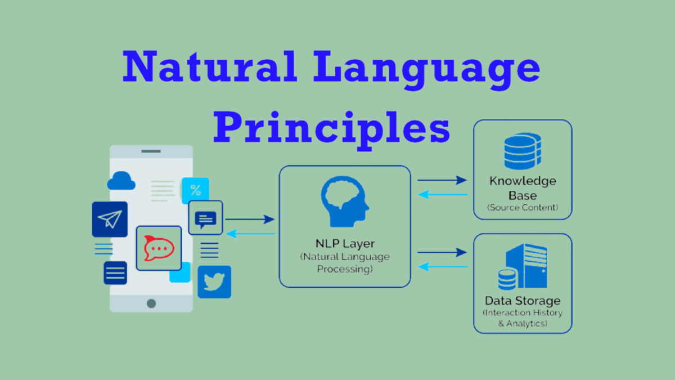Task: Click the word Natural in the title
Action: pyautogui.click(x=210, y=66)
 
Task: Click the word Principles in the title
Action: pyautogui.click(x=331, y=130)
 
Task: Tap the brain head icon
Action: pyautogui.click(x=345, y=202)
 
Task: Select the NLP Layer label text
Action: pyautogui.click(x=345, y=243)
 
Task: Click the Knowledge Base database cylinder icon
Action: pyautogui.click(x=523, y=151)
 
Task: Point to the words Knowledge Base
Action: pyautogui.click(x=523, y=188)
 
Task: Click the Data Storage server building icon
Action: pyautogui.click(x=523, y=266)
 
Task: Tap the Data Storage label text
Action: pyautogui.click(x=523, y=301)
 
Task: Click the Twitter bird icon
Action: pyautogui.click(x=214, y=282)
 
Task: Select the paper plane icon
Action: pyautogui.click(x=110, y=219)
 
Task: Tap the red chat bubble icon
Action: pyautogui.click(x=159, y=248)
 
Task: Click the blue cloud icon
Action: pyautogui.click(x=121, y=181)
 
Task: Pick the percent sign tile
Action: pyautogui.click(x=195, y=191)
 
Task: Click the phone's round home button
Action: pyautogui.click(x=151, y=303)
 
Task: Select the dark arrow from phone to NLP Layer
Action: pyautogui.click(x=250, y=219)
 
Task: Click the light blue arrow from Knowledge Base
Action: pyautogui.click(x=443, y=195)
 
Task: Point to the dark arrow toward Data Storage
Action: pyautogui.click(x=442, y=252)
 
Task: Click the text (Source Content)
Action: pyautogui.click(x=523, y=208)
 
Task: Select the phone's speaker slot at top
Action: pyautogui.click(x=151, y=151)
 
